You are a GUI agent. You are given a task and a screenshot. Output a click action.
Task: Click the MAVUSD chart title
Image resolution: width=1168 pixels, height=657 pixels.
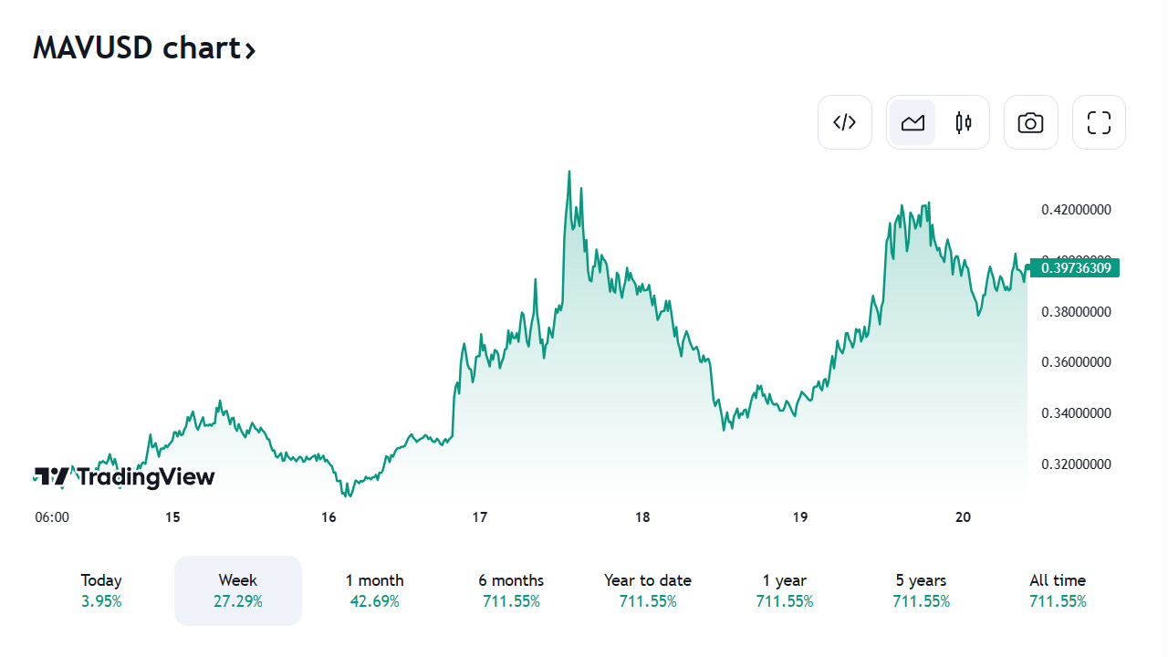(x=143, y=47)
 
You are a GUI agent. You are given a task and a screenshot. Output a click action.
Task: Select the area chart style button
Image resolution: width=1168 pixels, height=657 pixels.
(x=912, y=122)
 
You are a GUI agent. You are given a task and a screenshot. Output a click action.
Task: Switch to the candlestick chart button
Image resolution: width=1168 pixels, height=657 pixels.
(x=964, y=122)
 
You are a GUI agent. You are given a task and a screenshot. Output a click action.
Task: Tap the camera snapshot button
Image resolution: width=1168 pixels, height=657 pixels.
(x=1030, y=122)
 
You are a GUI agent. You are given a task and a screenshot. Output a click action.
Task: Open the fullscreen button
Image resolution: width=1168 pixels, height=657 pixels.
(x=1099, y=122)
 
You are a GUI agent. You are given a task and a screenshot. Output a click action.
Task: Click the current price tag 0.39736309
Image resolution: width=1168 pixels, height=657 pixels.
(x=1074, y=267)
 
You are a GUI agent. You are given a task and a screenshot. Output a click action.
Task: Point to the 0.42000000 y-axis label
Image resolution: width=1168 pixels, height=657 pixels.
(x=1076, y=210)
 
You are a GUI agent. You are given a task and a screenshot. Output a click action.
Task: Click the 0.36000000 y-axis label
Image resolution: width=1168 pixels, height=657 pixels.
(x=1076, y=362)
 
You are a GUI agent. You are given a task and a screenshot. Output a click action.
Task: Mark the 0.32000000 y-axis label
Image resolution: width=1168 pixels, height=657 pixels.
(x=1076, y=464)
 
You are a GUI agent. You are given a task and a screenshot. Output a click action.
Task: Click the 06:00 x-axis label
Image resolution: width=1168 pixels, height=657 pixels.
(x=52, y=517)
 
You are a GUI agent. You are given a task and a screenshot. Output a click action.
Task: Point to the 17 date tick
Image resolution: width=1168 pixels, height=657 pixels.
(x=480, y=517)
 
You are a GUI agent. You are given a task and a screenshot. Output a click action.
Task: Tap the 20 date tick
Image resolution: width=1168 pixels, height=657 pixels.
(x=963, y=517)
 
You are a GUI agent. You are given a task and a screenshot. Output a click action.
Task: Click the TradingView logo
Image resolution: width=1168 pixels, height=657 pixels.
(x=124, y=476)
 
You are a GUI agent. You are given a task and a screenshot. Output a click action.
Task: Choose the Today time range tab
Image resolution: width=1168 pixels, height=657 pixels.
(x=101, y=590)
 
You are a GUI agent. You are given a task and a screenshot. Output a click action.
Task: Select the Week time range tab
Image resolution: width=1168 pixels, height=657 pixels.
(x=238, y=590)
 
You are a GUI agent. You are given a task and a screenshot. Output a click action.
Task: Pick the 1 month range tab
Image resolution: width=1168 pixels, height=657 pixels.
(x=374, y=590)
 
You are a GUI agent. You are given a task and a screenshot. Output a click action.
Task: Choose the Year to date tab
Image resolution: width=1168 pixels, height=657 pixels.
(x=648, y=590)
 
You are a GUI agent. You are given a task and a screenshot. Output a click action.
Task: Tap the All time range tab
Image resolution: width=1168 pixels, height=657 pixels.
(x=1058, y=590)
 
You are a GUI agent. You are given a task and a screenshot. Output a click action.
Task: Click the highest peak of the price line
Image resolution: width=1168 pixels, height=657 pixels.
(x=569, y=172)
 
